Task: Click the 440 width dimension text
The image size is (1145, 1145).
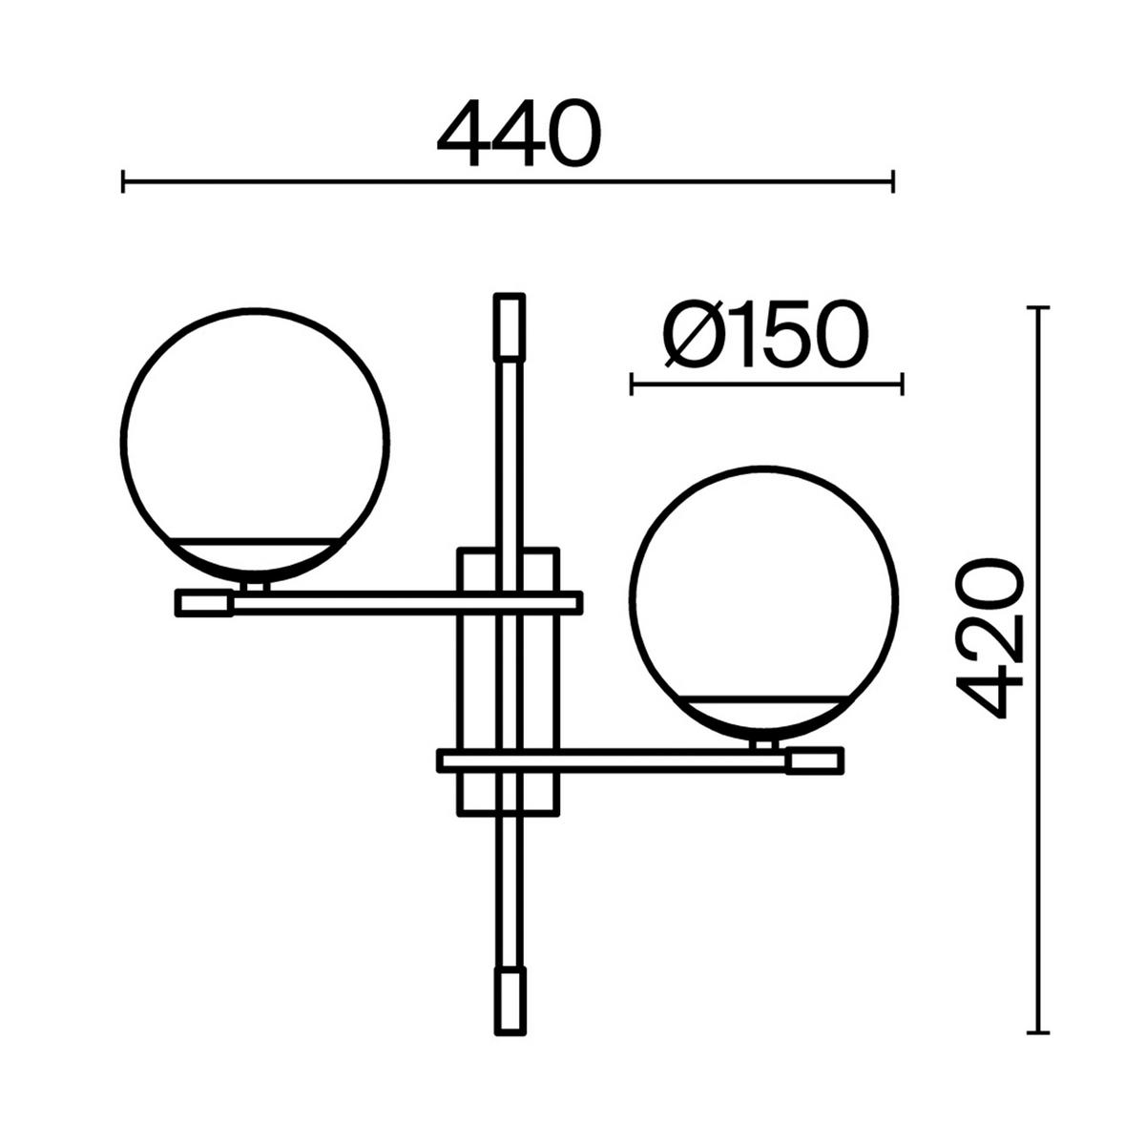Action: [x=520, y=135]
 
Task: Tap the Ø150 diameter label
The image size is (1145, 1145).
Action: [x=766, y=335]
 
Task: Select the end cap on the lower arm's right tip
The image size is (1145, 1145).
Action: [x=815, y=760]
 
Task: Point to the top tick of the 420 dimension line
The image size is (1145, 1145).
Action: [x=1037, y=308]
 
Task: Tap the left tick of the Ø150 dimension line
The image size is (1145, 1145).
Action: [x=632, y=385]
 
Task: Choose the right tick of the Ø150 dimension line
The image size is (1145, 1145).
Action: [x=902, y=385]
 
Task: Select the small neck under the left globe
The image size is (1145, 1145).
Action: [x=254, y=586]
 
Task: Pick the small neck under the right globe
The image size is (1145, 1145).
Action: [x=763, y=744]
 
